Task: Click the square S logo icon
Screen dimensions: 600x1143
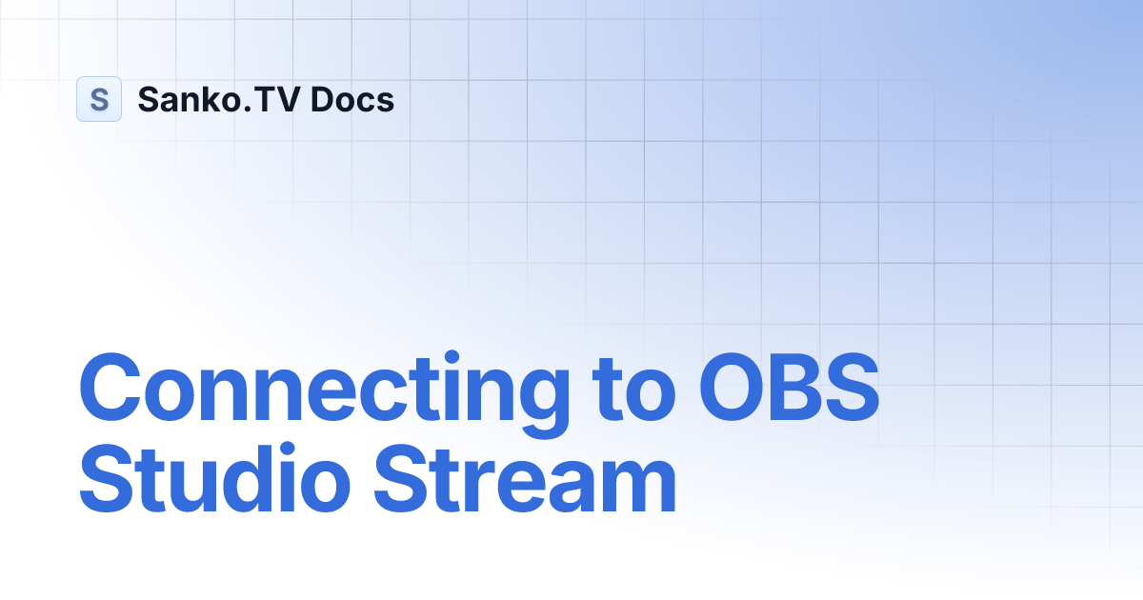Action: point(99,99)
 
